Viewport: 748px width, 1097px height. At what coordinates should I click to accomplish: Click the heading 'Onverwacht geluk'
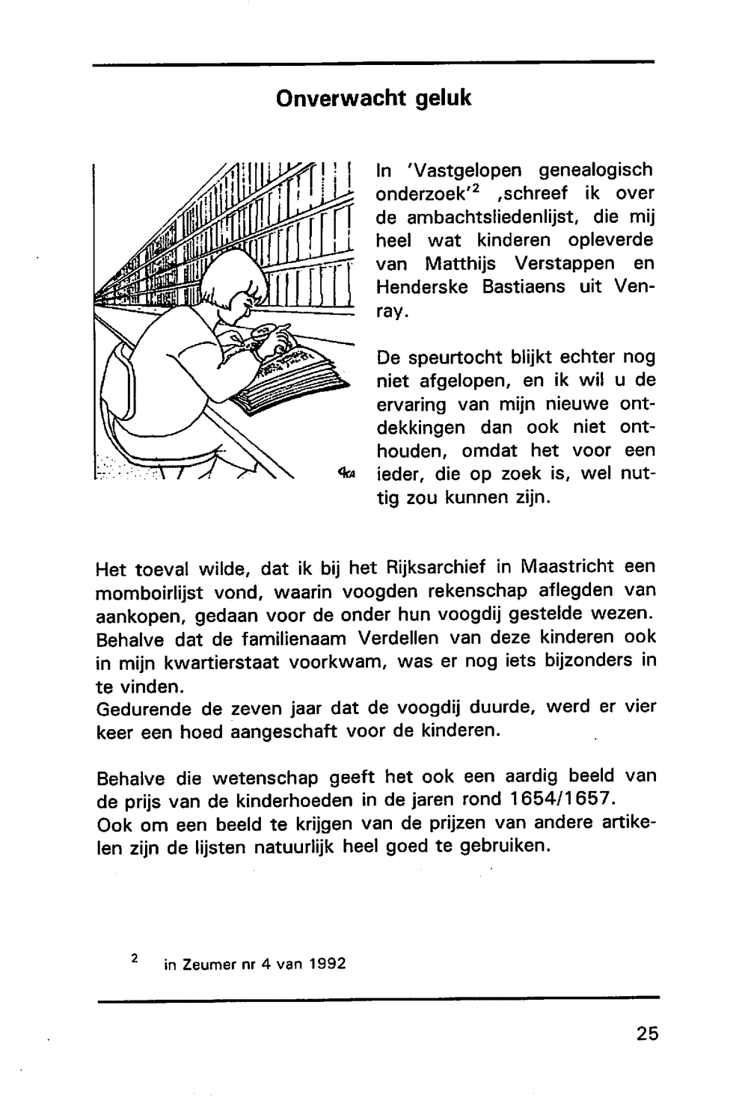click(373, 98)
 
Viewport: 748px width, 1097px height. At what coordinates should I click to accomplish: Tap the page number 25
click(647, 1033)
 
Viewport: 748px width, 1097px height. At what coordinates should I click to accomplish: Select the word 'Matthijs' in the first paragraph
click(456, 264)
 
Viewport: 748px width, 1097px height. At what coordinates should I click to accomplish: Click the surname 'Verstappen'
click(565, 264)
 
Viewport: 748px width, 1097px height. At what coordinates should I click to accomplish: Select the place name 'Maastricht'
click(566, 568)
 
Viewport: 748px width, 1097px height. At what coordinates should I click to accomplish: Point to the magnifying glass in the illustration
click(268, 330)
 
